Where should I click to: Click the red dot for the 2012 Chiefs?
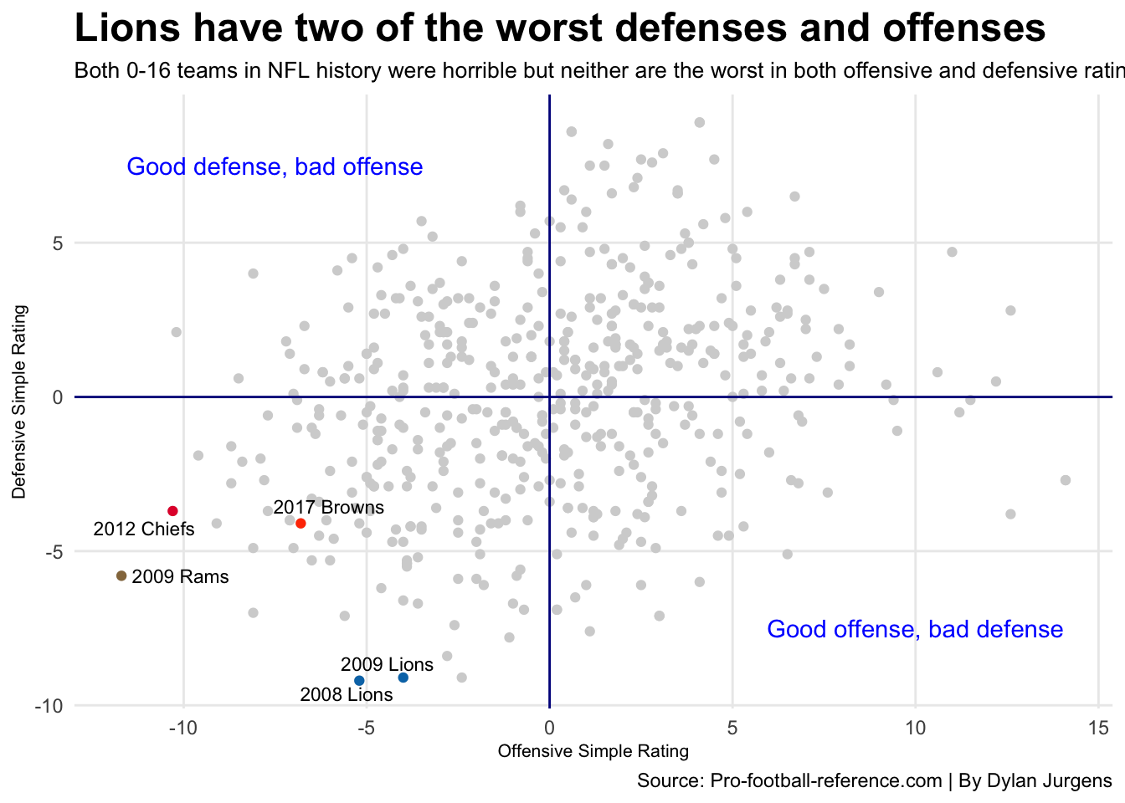click(x=173, y=511)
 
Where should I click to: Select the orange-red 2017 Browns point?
click(x=301, y=524)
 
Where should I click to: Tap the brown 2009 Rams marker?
click(x=121, y=575)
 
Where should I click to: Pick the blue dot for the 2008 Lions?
click(x=359, y=681)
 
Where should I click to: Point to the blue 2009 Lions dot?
click(x=403, y=678)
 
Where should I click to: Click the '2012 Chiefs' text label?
click(x=144, y=529)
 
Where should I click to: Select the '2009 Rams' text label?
click(x=180, y=576)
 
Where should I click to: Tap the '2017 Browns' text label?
click(x=329, y=507)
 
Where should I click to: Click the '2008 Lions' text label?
click(x=346, y=694)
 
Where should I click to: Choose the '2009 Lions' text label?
click(x=387, y=664)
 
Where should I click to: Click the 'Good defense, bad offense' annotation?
click(x=275, y=166)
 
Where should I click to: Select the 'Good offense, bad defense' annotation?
click(x=915, y=629)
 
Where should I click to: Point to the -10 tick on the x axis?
click(x=183, y=728)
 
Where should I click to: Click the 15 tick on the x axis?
click(x=1098, y=728)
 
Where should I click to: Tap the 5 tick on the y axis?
click(x=58, y=243)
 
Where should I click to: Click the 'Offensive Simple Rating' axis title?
click(x=593, y=751)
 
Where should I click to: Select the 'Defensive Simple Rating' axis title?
click(x=19, y=402)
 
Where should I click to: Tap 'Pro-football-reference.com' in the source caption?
click(x=825, y=781)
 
